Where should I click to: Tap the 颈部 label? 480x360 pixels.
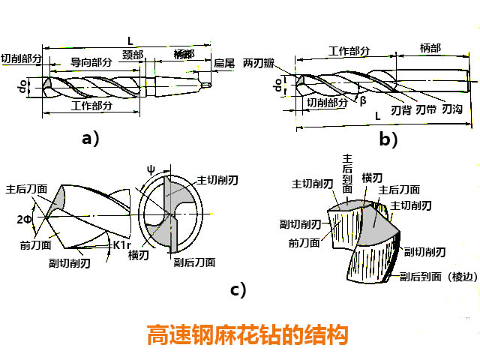[x=133, y=55]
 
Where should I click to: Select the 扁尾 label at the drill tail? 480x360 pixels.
[x=224, y=63]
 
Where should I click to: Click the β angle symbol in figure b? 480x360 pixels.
[x=363, y=100]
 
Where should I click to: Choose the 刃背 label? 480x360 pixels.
[x=401, y=109]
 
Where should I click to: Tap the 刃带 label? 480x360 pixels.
[x=426, y=109]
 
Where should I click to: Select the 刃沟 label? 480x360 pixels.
[x=452, y=109]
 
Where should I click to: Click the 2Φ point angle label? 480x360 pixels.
[x=25, y=219]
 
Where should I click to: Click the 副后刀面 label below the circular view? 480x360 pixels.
[x=194, y=262]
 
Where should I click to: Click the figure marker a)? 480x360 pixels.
[x=90, y=137]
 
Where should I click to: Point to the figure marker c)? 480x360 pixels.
[x=238, y=289]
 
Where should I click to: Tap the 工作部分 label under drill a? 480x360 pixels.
[x=91, y=106]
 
